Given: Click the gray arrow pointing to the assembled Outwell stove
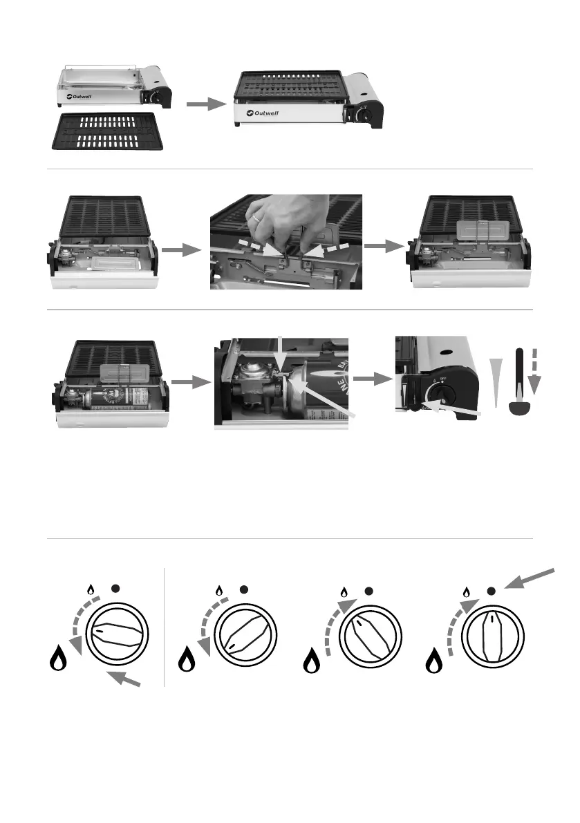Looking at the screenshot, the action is click(x=207, y=104).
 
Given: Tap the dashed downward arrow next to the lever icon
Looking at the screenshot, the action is click(x=537, y=373).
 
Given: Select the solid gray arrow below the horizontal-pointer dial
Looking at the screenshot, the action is click(x=126, y=677).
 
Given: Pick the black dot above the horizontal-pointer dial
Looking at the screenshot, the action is click(x=115, y=589).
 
